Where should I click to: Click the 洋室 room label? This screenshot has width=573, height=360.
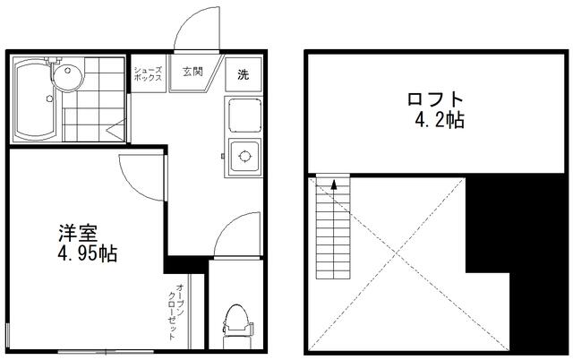click(78, 233)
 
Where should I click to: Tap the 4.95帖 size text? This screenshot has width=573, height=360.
click(88, 253)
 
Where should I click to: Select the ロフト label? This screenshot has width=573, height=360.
click(435, 99)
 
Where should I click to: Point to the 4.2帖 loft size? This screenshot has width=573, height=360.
click(440, 119)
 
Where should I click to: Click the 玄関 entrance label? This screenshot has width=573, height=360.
click(192, 72)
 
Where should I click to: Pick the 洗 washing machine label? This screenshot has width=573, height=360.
click(243, 74)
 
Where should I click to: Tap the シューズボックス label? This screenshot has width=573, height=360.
click(148, 73)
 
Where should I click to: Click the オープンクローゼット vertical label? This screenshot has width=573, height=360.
click(175, 312)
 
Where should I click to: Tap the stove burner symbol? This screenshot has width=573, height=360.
click(244, 157)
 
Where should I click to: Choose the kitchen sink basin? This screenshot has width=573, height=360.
click(244, 116)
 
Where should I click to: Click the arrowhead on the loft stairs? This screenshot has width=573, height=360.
click(333, 184)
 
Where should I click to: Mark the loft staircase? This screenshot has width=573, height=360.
click(333, 227)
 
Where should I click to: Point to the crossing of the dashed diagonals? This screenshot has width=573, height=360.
click(396, 253)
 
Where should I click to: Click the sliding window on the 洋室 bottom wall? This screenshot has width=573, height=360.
click(106, 352)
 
